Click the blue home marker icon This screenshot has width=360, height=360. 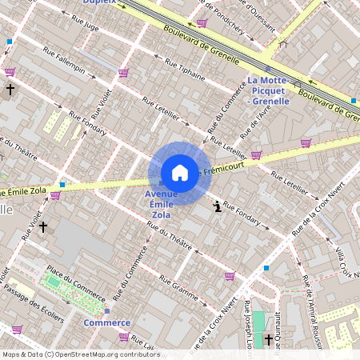180,172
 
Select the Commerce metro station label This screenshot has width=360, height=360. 106,322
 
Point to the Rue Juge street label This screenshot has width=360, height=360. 86,26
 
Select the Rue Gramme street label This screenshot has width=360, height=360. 178,290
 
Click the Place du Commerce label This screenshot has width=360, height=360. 75,282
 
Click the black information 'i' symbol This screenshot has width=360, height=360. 218,207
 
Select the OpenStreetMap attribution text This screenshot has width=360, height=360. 80,354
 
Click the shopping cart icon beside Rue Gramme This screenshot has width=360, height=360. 230,276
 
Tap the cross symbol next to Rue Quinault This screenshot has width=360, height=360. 268,339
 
